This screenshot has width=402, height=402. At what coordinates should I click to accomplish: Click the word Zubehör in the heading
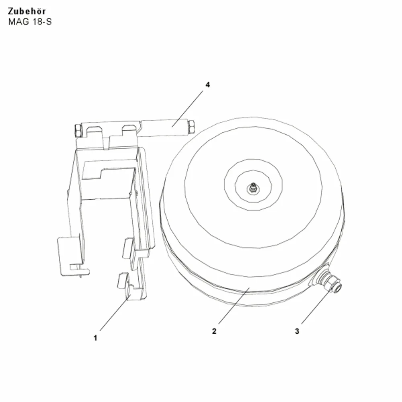pyautogui.click(x=27, y=11)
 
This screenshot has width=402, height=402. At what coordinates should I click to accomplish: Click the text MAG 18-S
pyautogui.click(x=30, y=22)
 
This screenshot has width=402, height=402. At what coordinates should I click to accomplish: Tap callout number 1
pyautogui.click(x=95, y=338)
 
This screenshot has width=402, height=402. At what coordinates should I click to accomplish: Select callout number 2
pyautogui.click(x=214, y=331)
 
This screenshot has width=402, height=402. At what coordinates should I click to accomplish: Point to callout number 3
pyautogui.click(x=297, y=331)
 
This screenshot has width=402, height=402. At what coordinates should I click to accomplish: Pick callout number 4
pyautogui.click(x=208, y=84)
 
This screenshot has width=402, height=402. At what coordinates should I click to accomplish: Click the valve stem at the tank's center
pyautogui.click(x=253, y=188)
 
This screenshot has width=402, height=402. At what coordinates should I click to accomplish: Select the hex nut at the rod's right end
pyautogui.click(x=191, y=127)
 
